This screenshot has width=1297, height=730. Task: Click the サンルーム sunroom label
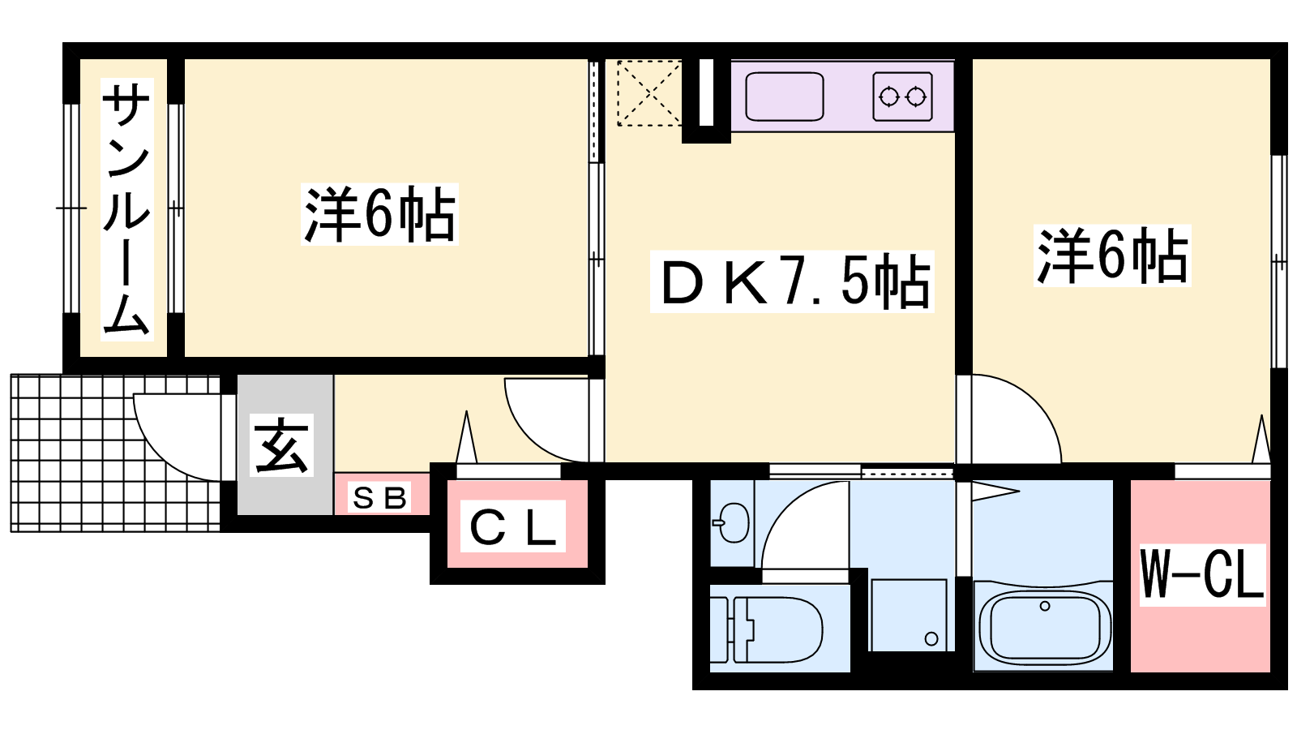point(126,209)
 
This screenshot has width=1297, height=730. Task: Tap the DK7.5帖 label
point(791,281)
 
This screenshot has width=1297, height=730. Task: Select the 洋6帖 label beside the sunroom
point(379,214)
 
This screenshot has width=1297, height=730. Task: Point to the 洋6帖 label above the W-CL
point(1111,255)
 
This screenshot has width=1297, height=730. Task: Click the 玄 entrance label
point(281,445)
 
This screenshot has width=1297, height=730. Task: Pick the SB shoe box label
point(379,497)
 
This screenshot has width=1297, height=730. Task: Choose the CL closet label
point(512,526)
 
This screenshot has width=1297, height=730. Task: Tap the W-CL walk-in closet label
point(1203,575)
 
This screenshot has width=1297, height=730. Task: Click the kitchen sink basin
point(785,97)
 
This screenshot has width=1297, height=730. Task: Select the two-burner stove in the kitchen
point(903,97)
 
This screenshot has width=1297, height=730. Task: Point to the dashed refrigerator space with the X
point(649,92)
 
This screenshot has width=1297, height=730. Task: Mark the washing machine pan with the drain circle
point(909,615)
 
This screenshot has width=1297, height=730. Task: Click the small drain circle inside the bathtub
point(1045,606)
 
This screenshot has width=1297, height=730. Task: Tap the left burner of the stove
point(888,97)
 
